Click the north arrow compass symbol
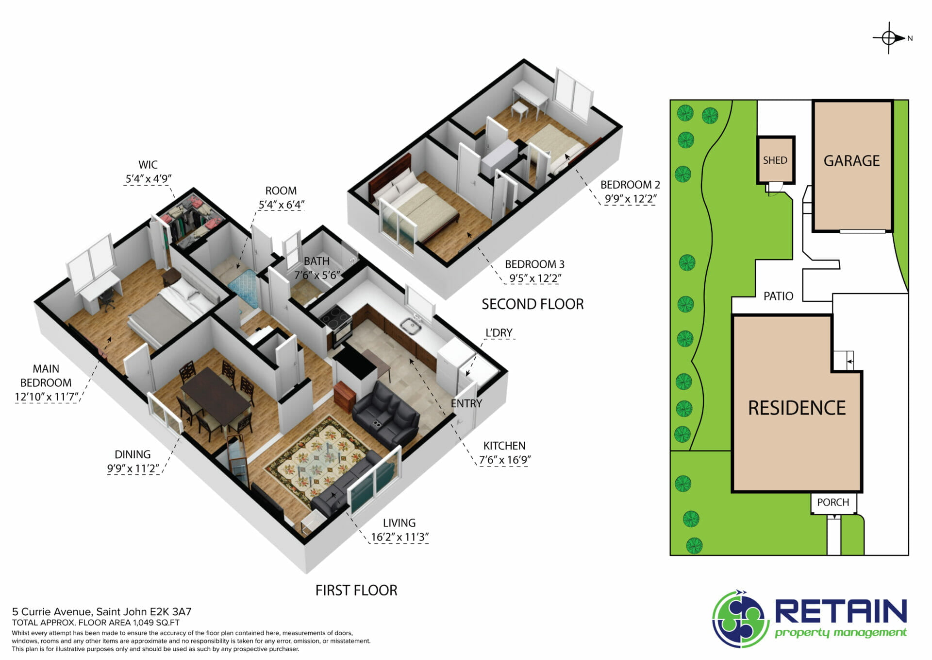click(889, 38)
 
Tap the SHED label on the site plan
click(775, 160)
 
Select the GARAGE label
click(851, 161)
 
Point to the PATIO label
click(778, 296)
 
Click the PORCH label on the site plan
click(833, 502)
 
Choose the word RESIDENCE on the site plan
click(797, 408)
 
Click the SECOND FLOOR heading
click(533, 304)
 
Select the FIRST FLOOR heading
click(356, 590)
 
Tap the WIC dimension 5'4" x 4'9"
click(148, 178)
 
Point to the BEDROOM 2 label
click(630, 185)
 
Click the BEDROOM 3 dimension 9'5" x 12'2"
click(535, 278)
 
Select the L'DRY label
click(499, 333)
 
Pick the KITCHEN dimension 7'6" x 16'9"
click(505, 460)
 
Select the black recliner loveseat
click(386, 413)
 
